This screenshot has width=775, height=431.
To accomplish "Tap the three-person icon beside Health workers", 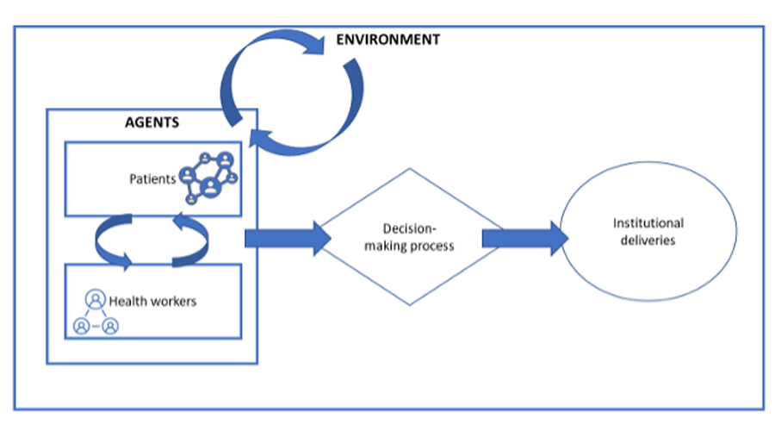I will (x=95, y=313).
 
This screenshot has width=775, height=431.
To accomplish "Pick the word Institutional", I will (x=648, y=224).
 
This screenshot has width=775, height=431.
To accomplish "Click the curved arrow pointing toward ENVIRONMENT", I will (x=258, y=56).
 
